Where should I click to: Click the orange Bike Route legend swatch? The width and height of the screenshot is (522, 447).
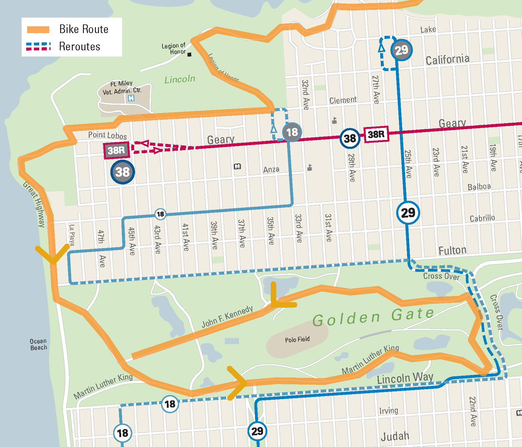coord(38,30)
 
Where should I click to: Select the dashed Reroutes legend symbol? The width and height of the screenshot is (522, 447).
coord(38,46)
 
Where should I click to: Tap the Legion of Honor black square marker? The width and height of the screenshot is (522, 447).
coord(189,55)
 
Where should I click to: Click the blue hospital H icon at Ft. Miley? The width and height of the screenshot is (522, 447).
coord(131,98)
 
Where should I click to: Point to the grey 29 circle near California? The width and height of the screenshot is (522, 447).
coord(401,50)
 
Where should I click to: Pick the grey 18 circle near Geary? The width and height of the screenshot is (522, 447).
coord(292,132)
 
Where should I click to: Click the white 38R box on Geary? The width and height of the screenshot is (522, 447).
coord(376,134)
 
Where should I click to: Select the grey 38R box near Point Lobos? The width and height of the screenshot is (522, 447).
coord(116,150)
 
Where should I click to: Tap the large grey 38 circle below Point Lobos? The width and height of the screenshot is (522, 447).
coord(122,172)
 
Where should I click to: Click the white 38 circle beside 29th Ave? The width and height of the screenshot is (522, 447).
coord(350,138)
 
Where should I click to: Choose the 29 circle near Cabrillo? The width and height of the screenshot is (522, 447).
coord(408,213)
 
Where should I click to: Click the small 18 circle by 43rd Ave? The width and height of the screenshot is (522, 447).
coord(160,214)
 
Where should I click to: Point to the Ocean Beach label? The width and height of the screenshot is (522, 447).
coord(39,344)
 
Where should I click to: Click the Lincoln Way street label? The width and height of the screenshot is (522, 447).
coord(405,378)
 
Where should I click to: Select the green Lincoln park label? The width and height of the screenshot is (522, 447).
coord(180,79)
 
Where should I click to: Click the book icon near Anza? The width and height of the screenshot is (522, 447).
coord(237,167)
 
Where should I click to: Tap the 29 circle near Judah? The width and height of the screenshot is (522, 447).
coord(257,431)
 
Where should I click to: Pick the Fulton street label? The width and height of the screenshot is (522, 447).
coord(452,251)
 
